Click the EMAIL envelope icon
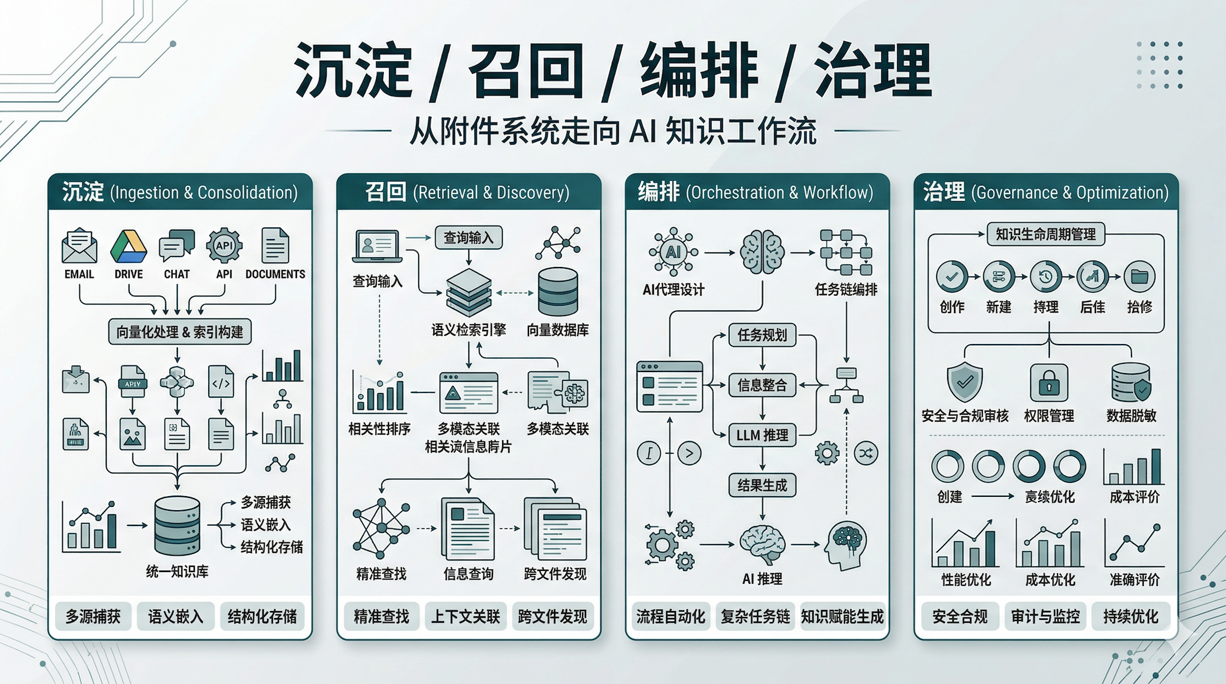79,246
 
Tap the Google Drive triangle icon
128,247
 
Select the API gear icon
224,245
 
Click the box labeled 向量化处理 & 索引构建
180,332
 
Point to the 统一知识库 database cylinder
177,525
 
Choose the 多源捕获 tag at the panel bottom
93,616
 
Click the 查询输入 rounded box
468,237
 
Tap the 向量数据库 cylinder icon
558,292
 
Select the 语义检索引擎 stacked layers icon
468,293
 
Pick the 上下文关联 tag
465,616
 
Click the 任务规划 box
762,335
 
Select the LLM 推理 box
762,435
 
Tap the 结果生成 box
762,485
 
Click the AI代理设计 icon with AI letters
673,252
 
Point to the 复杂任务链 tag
755,616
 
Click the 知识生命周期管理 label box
1046,234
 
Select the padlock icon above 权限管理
1049,383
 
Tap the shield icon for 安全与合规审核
965,382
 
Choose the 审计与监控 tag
1045,616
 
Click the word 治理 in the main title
873,71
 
